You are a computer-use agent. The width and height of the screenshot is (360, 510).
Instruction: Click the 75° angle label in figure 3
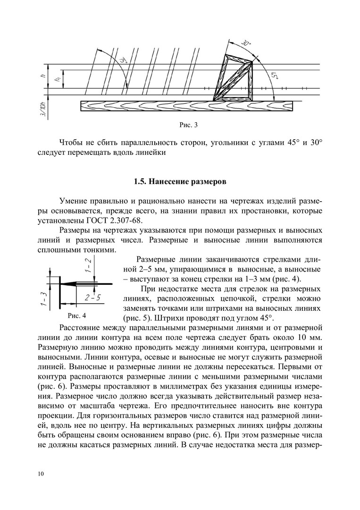(124, 61)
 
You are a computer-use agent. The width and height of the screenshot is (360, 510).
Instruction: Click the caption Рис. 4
(69, 314)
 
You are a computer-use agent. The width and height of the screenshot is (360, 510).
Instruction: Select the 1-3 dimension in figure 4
(43, 298)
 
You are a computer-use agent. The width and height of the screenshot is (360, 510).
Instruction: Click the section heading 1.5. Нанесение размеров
(180, 181)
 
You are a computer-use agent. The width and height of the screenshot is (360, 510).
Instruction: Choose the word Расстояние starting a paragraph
(81, 327)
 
